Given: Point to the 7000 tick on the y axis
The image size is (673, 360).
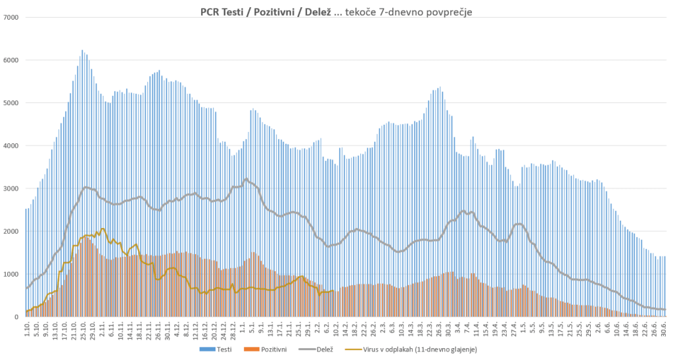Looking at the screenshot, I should coord(12,17).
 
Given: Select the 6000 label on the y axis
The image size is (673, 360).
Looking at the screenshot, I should coord(12,60).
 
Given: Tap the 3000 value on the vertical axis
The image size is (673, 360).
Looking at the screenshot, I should coord(12,189).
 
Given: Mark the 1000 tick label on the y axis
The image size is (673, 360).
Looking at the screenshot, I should coord(12,274).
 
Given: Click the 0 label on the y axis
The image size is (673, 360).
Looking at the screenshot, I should coord(17,317).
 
